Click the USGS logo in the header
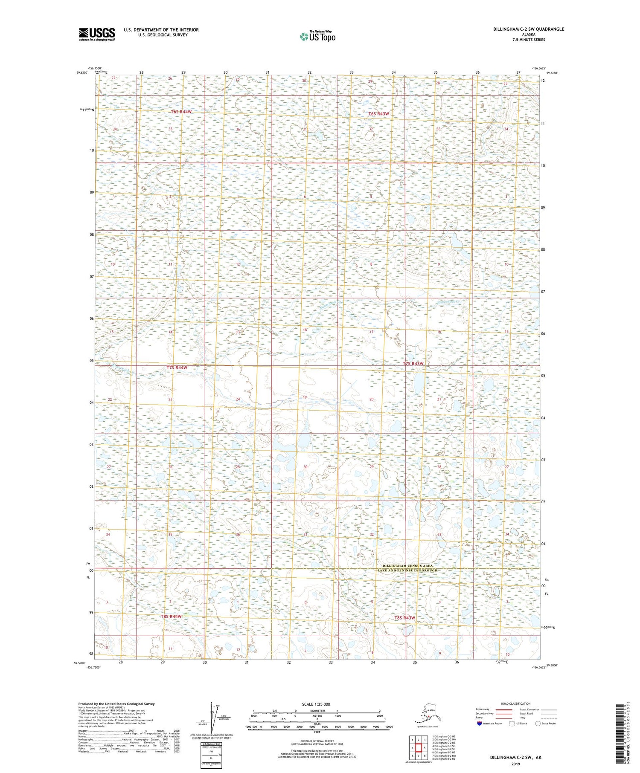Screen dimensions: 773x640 [x=97, y=34]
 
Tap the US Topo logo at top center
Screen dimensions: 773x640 [x=318, y=36]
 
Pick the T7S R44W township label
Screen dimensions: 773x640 [x=177, y=367]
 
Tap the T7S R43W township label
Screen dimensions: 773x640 [x=413, y=363]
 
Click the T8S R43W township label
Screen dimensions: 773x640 [x=404, y=617]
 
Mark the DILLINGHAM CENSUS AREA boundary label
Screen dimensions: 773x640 [x=405, y=566]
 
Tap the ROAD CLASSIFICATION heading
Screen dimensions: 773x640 [x=516, y=704]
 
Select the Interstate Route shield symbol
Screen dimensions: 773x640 [x=480, y=723]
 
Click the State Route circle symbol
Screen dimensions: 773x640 [x=538, y=723]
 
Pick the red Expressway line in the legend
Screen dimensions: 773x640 [x=506, y=709]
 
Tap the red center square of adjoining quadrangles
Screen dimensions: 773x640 [x=419, y=748]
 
